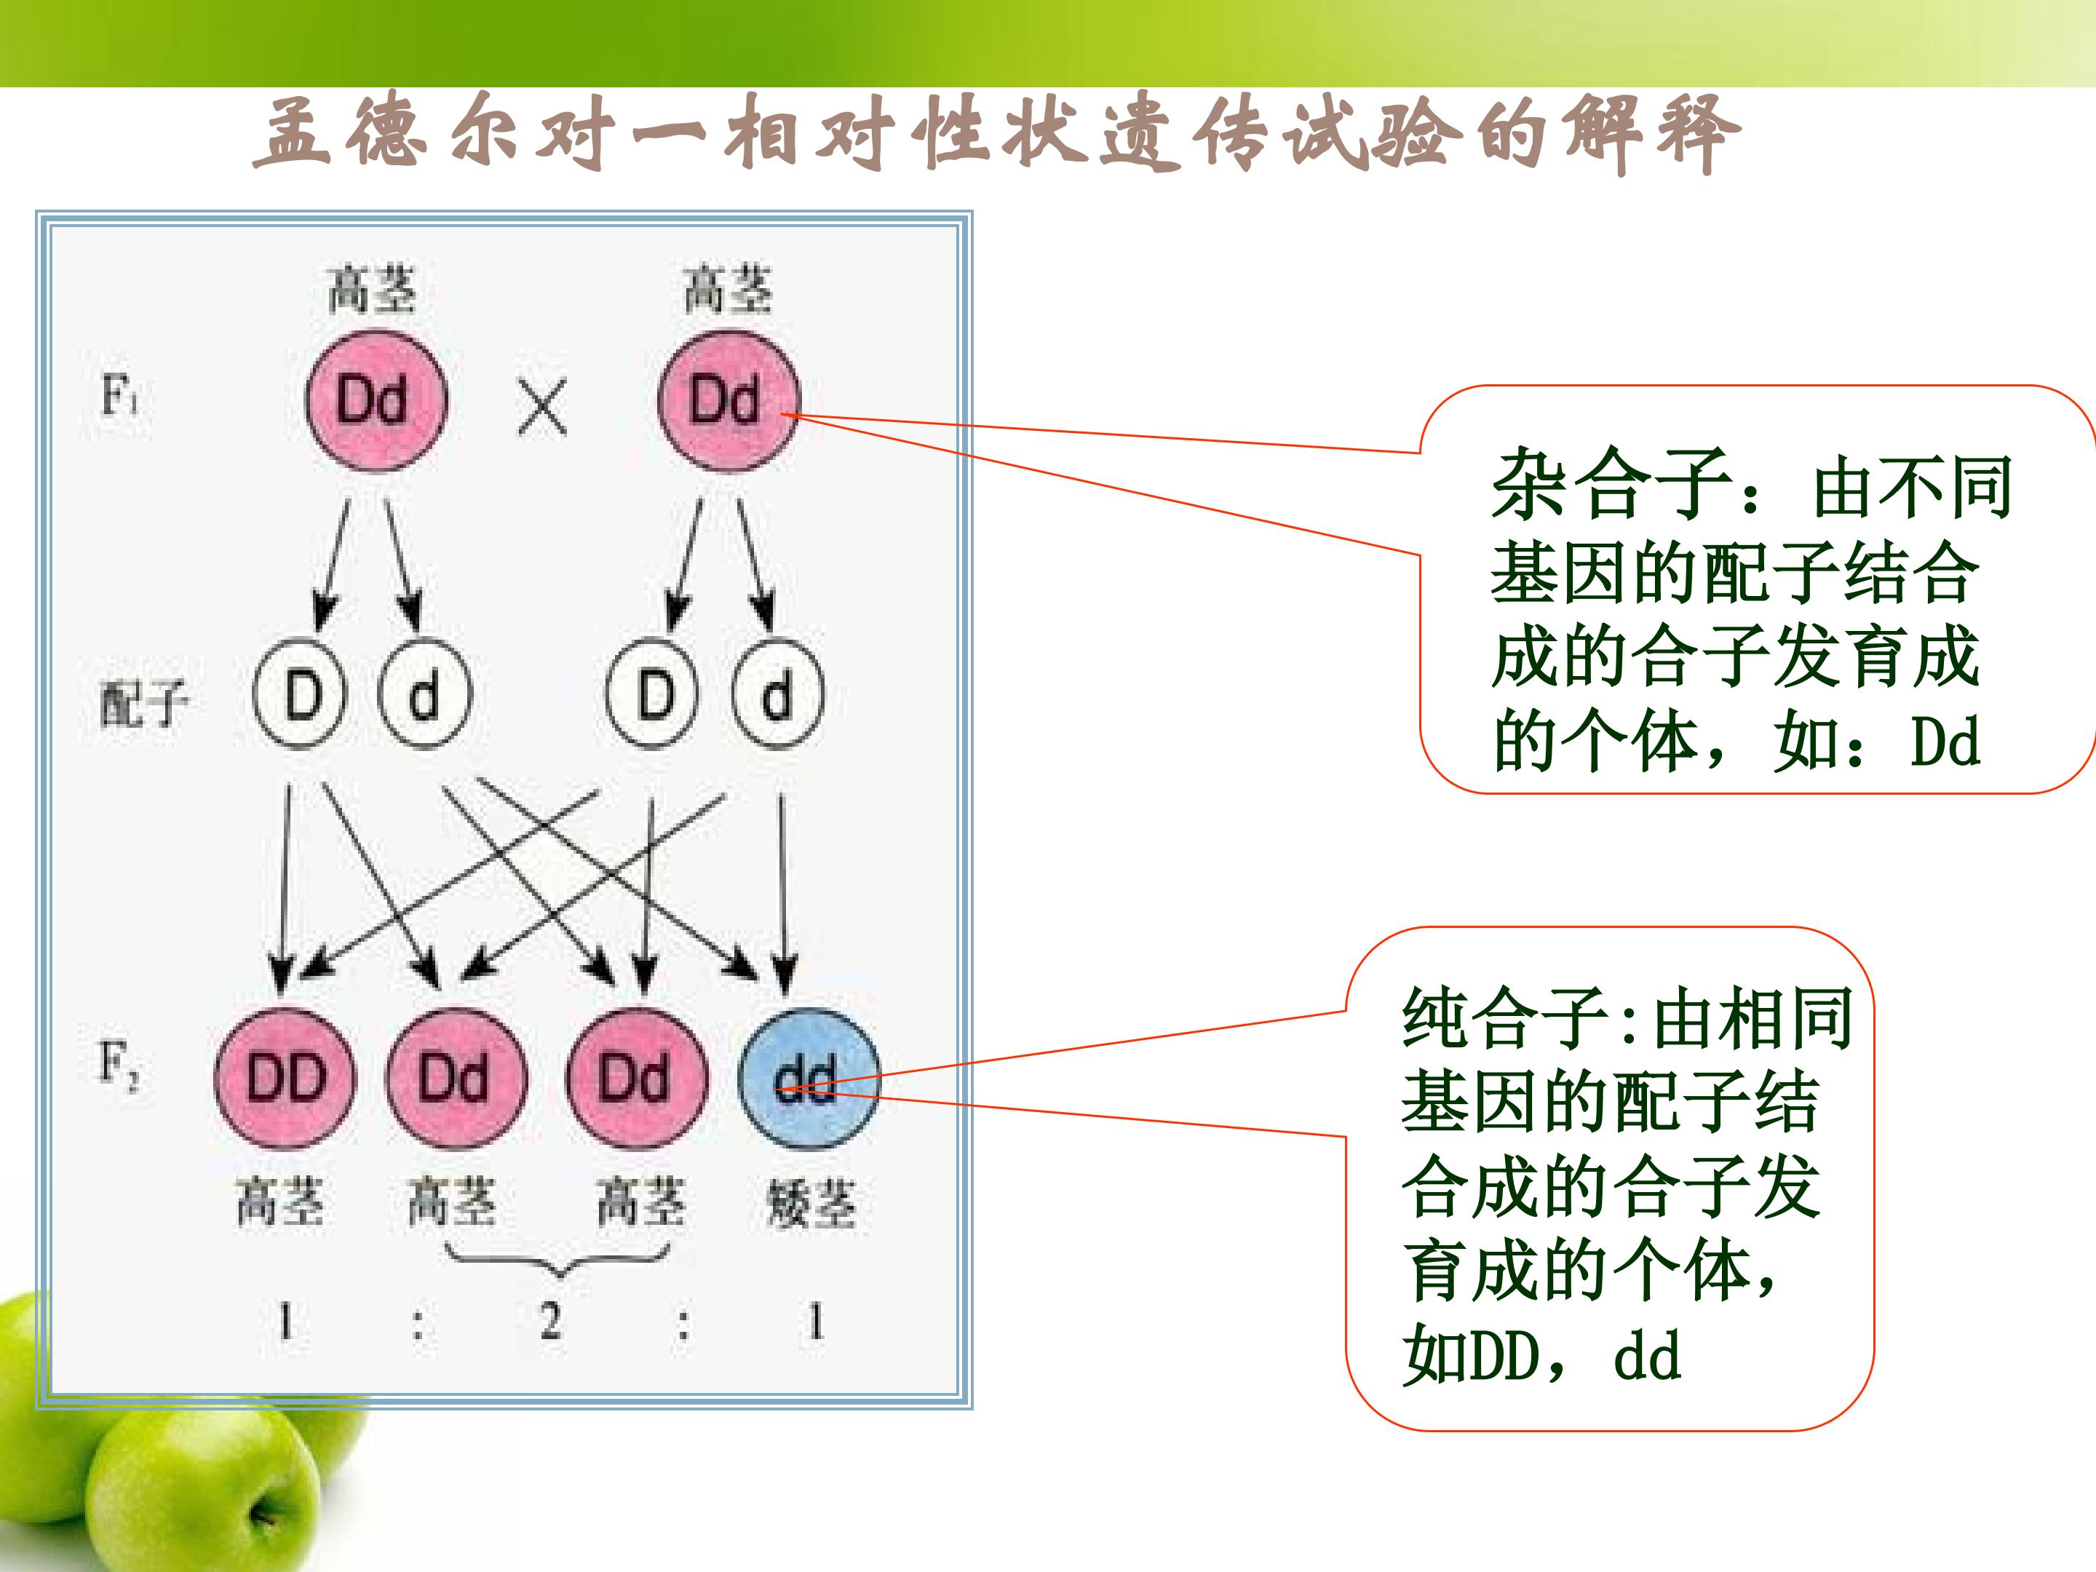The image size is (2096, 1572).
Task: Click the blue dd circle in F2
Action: pos(809,1077)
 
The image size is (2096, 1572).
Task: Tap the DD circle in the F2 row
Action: pos(285,1077)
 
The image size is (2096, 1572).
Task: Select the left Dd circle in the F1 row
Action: pos(376,400)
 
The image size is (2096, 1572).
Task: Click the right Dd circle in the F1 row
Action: pos(728,400)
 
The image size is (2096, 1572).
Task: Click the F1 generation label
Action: pos(120,395)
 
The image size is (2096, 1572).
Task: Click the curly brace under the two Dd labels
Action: pos(557,1261)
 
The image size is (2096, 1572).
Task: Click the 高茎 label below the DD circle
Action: pos(279,1201)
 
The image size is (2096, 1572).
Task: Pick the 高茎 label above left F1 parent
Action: pos(371,288)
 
